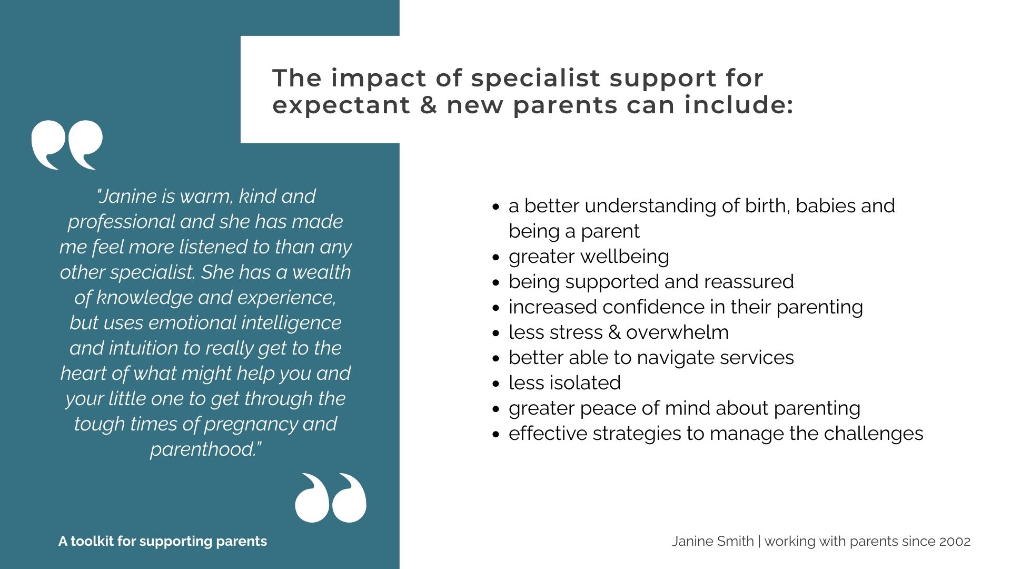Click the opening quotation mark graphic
point(67,144)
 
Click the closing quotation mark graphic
point(331,498)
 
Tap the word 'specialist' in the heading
point(536,79)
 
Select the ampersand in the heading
point(429,104)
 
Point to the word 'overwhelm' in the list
point(678,332)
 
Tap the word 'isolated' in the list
point(585,383)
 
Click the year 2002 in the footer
point(955,542)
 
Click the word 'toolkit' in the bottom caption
point(92,542)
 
